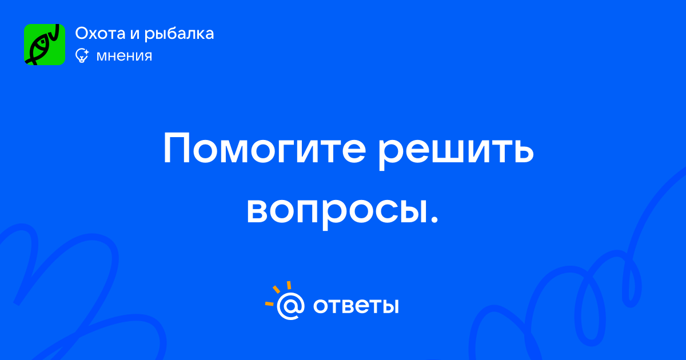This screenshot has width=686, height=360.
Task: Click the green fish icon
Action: click(x=45, y=45)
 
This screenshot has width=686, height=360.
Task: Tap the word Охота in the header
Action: click(x=101, y=33)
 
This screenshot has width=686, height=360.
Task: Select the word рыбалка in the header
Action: click(x=179, y=34)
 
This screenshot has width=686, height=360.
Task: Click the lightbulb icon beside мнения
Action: click(x=82, y=56)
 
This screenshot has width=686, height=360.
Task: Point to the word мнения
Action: click(x=125, y=57)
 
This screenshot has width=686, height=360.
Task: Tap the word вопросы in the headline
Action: click(x=337, y=211)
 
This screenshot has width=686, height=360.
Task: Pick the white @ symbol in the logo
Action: click(x=291, y=306)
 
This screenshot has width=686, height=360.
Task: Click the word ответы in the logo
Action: click(x=356, y=306)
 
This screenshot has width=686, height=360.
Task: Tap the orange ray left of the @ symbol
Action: click(x=269, y=303)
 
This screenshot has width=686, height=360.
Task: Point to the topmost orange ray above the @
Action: click(x=289, y=285)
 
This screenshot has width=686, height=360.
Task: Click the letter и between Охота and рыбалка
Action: click(x=135, y=34)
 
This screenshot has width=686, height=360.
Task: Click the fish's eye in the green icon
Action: click(x=42, y=40)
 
